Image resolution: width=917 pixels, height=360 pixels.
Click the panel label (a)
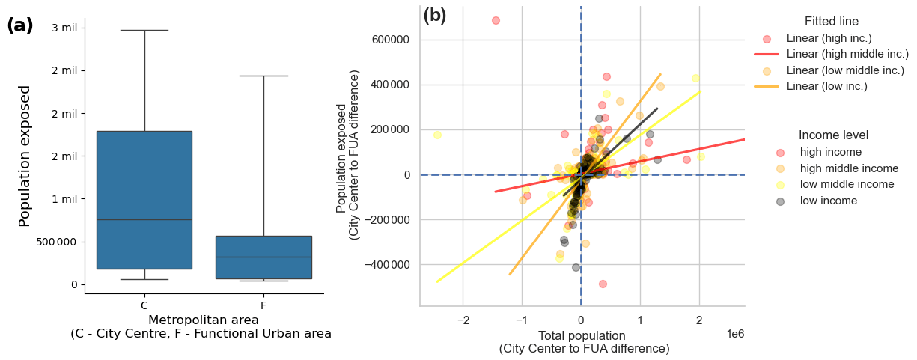pos(20,25)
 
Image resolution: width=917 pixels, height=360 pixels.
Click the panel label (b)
pos(435,16)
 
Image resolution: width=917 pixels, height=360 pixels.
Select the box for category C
pos(144,200)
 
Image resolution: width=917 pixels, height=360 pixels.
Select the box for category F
pos(263,257)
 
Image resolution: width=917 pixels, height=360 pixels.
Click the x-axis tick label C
pos(144,305)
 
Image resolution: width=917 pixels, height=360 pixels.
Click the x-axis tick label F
pos(263,305)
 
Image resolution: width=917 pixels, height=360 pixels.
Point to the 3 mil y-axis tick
pos(64,28)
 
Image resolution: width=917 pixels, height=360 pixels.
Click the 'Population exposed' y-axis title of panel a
pos(25,156)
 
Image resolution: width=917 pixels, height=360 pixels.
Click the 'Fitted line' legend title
pos(831,22)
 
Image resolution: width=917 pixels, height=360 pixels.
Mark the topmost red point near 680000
pos(496,20)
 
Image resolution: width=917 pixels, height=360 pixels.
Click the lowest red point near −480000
pos(603,284)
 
